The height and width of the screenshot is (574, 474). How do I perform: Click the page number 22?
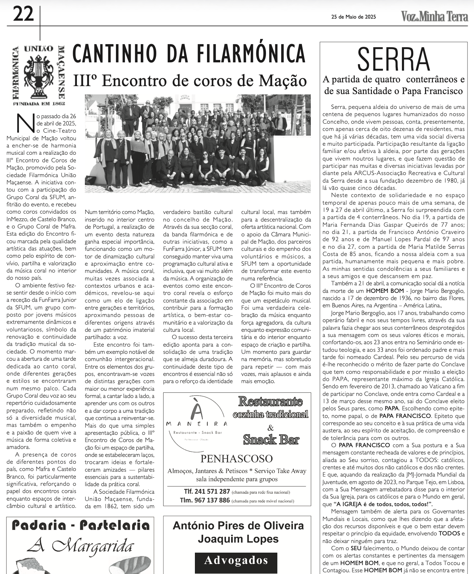(x=23, y=14)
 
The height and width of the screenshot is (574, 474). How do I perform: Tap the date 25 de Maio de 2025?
(x=353, y=17)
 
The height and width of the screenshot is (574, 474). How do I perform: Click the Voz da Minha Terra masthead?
(x=434, y=17)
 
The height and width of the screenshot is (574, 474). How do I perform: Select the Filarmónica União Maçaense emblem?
(x=39, y=75)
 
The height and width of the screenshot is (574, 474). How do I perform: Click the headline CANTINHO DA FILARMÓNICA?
(x=189, y=54)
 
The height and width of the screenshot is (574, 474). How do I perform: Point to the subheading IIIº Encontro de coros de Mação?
(x=190, y=81)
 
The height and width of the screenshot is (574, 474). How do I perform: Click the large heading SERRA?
(x=394, y=60)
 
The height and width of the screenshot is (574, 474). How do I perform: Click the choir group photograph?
(x=198, y=143)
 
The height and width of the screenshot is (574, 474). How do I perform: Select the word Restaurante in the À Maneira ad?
(x=270, y=402)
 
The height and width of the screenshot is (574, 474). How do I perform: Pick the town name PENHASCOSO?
(x=237, y=459)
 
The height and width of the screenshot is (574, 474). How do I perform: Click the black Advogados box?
(x=236, y=560)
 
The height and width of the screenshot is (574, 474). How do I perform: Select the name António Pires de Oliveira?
(x=238, y=526)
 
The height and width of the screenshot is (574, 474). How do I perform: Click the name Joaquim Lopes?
(x=238, y=539)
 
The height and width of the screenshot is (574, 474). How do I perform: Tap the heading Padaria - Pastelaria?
(x=80, y=525)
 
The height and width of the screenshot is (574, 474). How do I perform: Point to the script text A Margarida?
(x=80, y=546)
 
